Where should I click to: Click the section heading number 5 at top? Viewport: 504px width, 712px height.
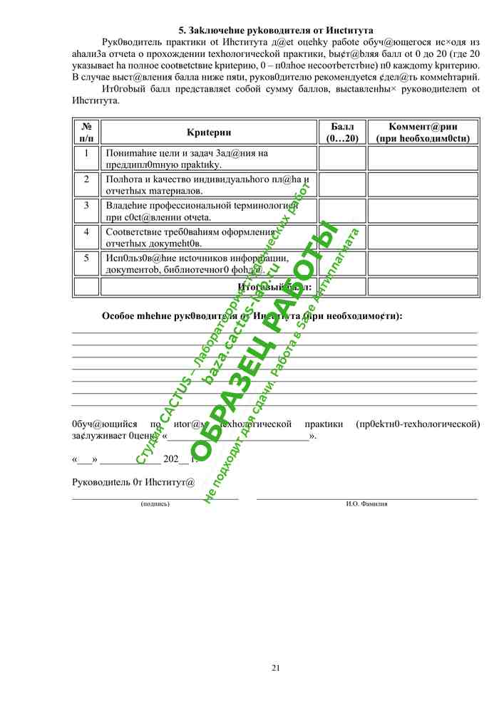point(181,31)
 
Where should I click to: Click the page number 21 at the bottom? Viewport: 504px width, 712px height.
point(276,667)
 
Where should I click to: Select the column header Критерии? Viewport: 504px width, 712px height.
point(208,132)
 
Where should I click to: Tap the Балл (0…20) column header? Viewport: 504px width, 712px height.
point(342,132)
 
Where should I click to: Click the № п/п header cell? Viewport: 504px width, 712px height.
point(86,132)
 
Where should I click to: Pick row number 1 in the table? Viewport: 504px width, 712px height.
point(86,153)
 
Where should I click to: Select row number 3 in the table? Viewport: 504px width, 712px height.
point(86,205)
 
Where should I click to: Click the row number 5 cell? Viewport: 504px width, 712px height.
point(86,258)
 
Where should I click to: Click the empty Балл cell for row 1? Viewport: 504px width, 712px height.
point(342,158)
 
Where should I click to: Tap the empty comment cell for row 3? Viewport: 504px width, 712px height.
point(423,211)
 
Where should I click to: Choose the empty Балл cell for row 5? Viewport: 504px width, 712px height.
point(342,263)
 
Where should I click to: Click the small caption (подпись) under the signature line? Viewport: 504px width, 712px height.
point(155,504)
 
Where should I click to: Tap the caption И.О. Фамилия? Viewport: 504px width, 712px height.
point(366,504)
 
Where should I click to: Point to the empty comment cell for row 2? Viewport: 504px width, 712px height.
point(423,184)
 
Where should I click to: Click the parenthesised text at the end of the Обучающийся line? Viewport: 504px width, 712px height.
point(417,424)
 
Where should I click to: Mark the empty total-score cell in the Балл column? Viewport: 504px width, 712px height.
point(342,287)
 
